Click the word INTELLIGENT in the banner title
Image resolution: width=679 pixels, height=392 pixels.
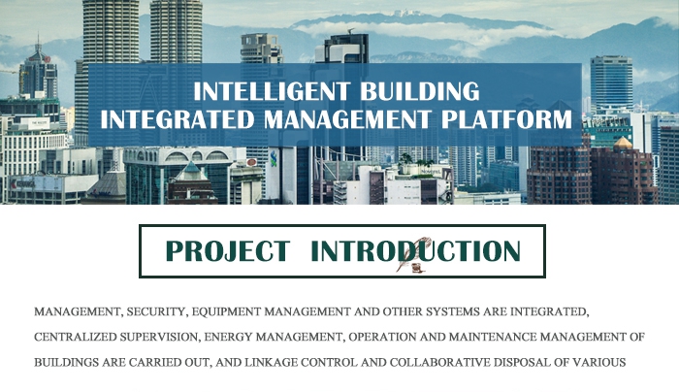coord(271,91)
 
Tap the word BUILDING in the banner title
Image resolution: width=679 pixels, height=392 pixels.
coord(420,91)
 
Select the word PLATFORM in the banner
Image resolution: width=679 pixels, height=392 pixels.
coord(506,119)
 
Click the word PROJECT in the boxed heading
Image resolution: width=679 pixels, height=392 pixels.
coord(227,250)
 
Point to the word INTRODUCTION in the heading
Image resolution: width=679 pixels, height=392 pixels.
coord(415,250)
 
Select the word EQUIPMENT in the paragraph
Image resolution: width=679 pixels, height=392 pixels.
coord(226,311)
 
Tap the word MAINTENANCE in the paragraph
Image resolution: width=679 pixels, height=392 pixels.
coord(493,337)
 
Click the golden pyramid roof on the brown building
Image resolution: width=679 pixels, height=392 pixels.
coord(623,143)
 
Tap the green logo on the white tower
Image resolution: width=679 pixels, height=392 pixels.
coord(274,159)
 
